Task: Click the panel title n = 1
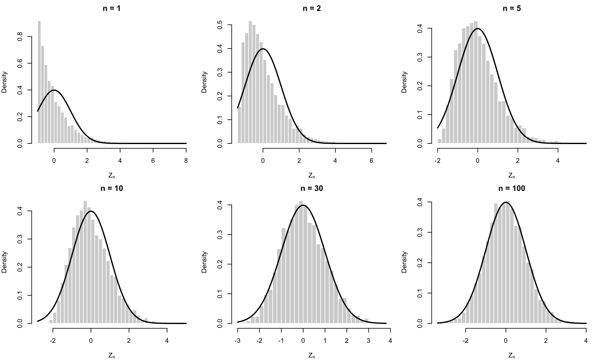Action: point(112,8)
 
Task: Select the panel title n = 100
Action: point(512,188)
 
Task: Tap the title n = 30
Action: point(312,188)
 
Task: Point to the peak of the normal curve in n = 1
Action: point(54,90)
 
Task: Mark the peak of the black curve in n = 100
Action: point(506,202)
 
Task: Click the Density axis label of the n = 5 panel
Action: point(404,82)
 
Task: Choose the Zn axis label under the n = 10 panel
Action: point(112,356)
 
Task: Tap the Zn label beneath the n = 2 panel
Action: point(312,176)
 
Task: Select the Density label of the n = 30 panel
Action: point(204,262)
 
